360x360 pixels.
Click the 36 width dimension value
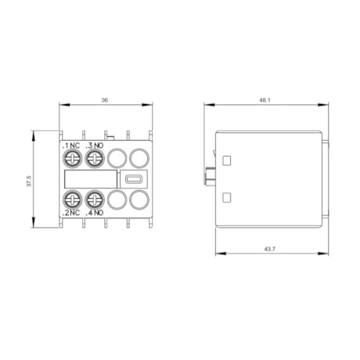click(x=106, y=99)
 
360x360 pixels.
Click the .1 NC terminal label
click(x=71, y=145)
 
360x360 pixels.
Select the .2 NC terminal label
click(x=71, y=213)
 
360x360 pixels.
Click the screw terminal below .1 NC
click(x=71, y=159)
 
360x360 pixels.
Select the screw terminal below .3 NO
click(x=94, y=159)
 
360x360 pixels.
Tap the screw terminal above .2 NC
click(x=71, y=199)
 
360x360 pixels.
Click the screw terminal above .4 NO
click(x=94, y=199)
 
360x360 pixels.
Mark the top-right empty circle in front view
click(x=138, y=159)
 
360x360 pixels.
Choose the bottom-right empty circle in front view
click(x=138, y=199)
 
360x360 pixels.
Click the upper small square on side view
click(x=228, y=160)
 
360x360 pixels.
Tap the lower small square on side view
click(x=228, y=196)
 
